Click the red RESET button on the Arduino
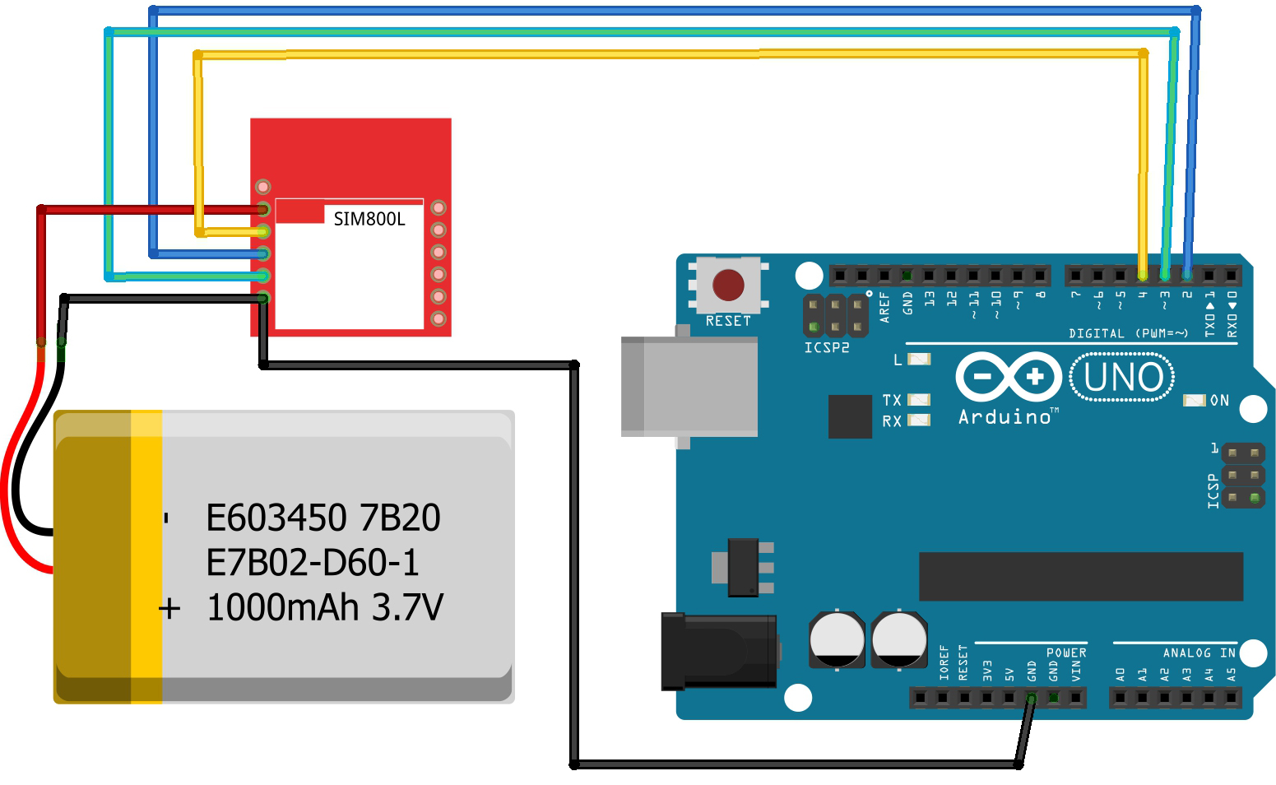click(x=728, y=285)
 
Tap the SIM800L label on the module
click(x=369, y=219)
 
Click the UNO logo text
click(x=1122, y=378)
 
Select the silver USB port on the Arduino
click(x=689, y=386)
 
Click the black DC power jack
click(x=718, y=651)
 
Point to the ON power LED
click(x=1194, y=401)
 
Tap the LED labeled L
click(x=918, y=360)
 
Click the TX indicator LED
click(x=918, y=400)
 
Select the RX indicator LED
click(x=918, y=420)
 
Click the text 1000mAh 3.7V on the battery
click(x=324, y=608)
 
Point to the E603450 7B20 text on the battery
click(x=322, y=518)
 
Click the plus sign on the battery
click(x=169, y=609)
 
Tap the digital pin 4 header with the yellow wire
click(x=1143, y=274)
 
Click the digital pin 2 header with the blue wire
click(x=1187, y=274)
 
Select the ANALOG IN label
click(x=1199, y=653)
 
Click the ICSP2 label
click(x=826, y=348)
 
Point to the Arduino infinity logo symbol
click(x=1008, y=377)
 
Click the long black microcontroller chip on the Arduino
click(x=1080, y=576)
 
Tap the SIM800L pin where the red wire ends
click(x=263, y=209)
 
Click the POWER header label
click(x=1066, y=653)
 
